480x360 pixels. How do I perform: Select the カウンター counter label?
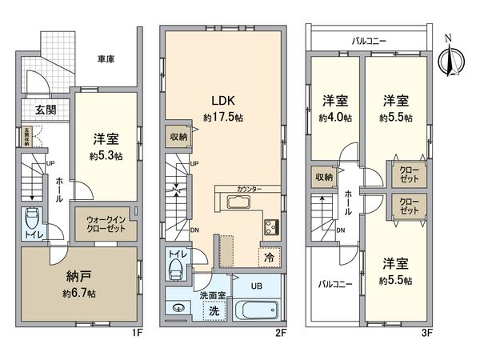248,190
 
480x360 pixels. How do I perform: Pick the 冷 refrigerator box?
269,258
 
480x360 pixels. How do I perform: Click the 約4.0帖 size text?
336,117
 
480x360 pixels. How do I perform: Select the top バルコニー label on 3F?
370,38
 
